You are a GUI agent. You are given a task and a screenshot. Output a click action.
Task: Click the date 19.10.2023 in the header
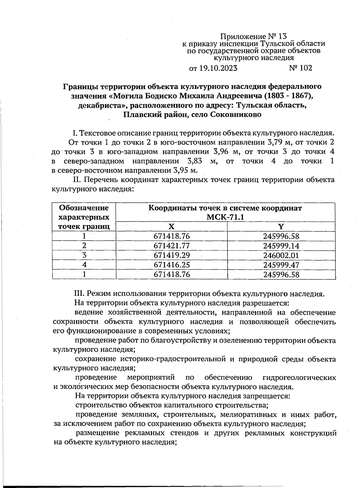[218, 68]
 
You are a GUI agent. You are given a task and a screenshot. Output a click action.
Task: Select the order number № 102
[301, 68]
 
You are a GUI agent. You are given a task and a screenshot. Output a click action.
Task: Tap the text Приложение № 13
[254, 37]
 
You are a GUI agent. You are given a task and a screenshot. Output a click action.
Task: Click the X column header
[171, 227]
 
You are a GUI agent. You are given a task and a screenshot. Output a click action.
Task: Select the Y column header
[281, 227]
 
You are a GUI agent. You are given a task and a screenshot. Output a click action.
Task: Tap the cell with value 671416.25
[172, 265]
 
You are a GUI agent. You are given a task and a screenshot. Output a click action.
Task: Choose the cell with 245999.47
[281, 265]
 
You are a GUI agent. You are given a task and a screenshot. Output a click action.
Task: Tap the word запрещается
[266, 396]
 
